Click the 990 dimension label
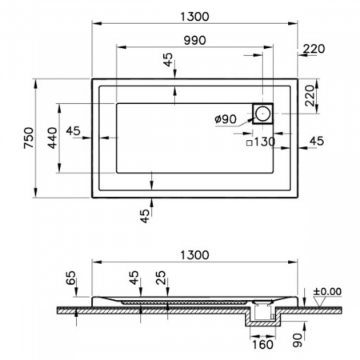(x=195, y=40)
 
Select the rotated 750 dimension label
(x=29, y=138)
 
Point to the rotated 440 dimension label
(x=52, y=138)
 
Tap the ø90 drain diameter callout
(x=226, y=119)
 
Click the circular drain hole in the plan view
(x=262, y=114)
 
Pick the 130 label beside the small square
(x=265, y=142)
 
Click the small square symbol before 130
(x=250, y=143)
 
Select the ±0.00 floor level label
(x=327, y=291)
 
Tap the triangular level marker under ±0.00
(x=319, y=302)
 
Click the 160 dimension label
(x=262, y=345)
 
